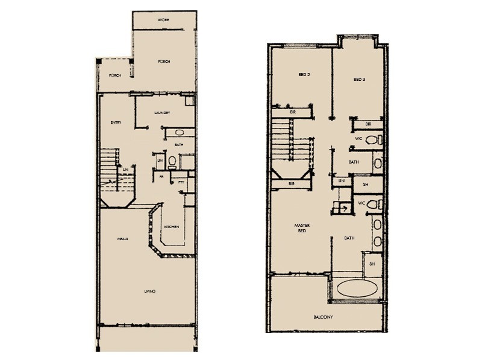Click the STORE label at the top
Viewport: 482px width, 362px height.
(163, 20)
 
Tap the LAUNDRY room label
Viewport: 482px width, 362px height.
(162, 113)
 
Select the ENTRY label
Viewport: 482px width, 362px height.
(116, 123)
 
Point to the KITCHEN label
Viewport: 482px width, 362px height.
(172, 226)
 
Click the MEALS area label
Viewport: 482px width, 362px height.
(123, 240)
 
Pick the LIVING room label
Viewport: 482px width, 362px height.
(150, 291)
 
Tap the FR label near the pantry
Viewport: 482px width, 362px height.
(162, 176)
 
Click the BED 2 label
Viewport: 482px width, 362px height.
(304, 75)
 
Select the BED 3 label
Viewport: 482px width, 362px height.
(360, 79)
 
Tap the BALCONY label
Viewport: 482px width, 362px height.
(324, 317)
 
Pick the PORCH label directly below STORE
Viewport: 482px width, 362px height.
(163, 62)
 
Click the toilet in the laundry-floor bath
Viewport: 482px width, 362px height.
(172, 160)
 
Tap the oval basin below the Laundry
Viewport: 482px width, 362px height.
(179, 132)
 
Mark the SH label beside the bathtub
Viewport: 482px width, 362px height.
(372, 264)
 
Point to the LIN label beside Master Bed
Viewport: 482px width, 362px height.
(341, 180)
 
